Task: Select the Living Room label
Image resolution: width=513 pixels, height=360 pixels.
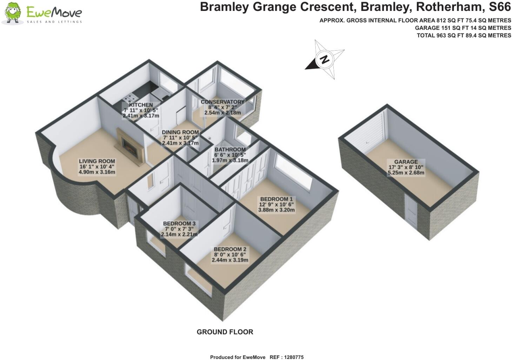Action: click(97, 161)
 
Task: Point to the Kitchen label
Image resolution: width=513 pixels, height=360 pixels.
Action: click(141, 105)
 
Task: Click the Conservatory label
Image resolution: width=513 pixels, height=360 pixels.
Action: click(222, 102)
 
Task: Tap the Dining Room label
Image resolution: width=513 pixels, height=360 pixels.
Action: click(180, 132)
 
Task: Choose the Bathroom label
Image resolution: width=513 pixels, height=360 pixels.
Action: click(230, 149)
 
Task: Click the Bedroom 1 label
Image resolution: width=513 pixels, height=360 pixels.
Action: click(276, 199)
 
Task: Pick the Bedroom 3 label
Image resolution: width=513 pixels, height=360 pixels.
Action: click(179, 223)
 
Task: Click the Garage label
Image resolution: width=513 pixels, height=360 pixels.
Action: click(406, 162)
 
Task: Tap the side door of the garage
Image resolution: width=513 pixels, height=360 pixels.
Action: click(411, 212)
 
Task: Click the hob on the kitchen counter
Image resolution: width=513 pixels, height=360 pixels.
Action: click(131, 98)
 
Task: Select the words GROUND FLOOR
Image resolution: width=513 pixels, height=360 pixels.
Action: click(225, 332)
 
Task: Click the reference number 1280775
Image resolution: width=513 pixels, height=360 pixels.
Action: click(292, 357)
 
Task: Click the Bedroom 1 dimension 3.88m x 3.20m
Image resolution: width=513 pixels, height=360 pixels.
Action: click(276, 210)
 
